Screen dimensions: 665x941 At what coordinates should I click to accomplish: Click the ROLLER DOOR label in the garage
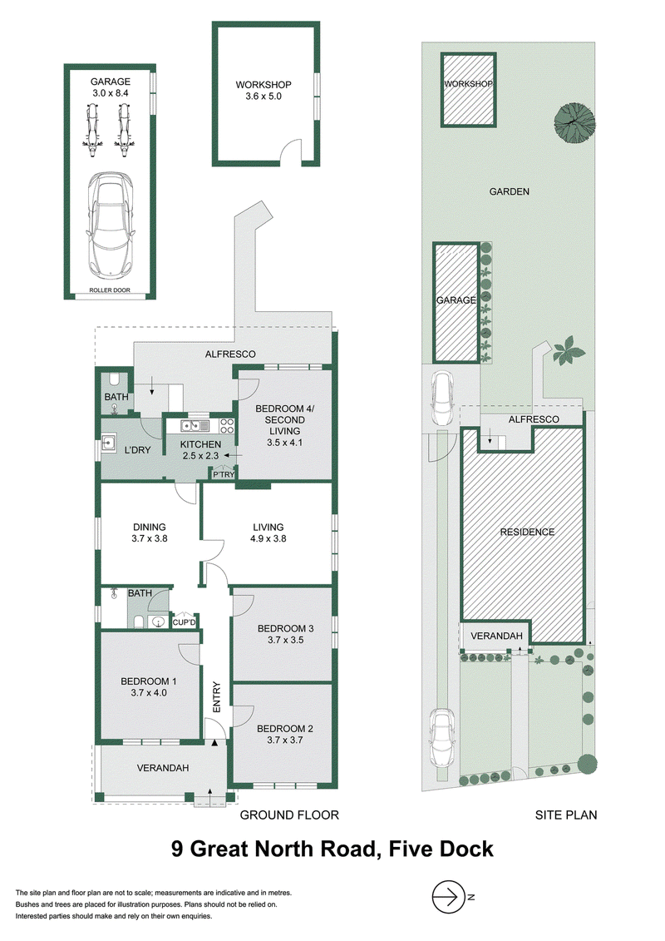[x=110, y=290]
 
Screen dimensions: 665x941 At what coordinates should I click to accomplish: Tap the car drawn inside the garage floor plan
[x=110, y=225]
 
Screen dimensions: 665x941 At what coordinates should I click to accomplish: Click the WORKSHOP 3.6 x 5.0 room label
[x=264, y=91]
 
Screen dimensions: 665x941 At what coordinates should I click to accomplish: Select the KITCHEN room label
[x=201, y=444]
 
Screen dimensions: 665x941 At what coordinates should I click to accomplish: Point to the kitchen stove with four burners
[x=227, y=425]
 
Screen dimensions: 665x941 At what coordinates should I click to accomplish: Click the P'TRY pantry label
[x=224, y=475]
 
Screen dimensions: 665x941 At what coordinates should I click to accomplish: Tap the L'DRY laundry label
[x=137, y=450]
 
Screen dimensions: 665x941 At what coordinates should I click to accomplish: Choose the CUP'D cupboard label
[x=184, y=622]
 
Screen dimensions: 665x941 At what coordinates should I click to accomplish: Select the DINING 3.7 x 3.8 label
[x=150, y=533]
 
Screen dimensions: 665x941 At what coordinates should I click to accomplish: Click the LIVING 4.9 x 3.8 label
[x=268, y=533]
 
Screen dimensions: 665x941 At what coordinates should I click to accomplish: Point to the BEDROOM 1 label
[x=149, y=681]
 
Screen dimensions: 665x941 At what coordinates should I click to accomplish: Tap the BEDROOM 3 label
[x=285, y=629]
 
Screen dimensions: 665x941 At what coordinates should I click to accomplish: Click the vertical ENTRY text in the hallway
[x=216, y=697]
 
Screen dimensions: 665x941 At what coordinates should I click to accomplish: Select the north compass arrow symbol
[x=449, y=897]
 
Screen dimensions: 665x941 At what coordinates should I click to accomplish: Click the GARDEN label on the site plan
[x=509, y=192]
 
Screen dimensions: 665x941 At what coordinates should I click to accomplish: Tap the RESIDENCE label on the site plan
[x=527, y=532]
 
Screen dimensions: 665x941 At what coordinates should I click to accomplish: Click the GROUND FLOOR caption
[x=289, y=815]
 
